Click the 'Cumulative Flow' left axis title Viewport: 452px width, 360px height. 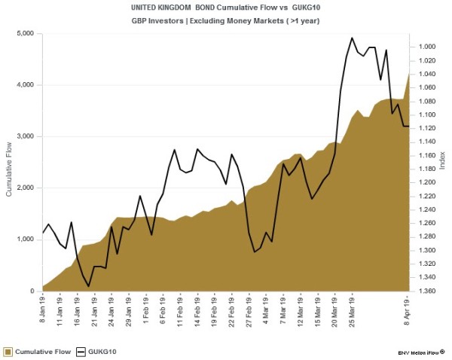10,163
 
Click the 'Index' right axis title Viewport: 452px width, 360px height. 442,163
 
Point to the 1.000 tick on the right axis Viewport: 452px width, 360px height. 426,47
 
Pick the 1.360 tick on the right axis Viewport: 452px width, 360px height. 426,291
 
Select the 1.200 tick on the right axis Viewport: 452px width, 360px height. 426,182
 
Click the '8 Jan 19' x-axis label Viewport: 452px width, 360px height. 43,311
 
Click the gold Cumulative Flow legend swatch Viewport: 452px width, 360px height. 8,351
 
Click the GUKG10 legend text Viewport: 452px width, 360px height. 101,351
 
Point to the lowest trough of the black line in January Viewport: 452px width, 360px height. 89,286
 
